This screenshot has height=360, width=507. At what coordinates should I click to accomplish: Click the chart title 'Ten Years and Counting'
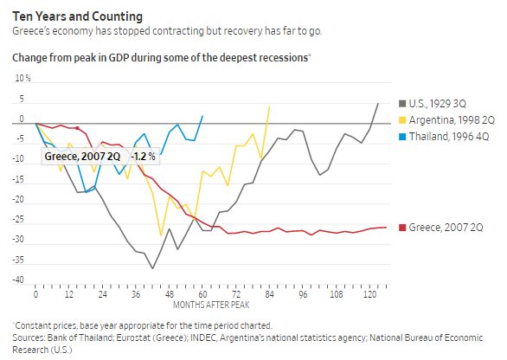pos(77,16)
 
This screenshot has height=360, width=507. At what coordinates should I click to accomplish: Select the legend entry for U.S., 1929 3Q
pos(433,104)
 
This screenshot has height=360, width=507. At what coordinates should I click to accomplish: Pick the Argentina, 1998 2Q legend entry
pos(446,120)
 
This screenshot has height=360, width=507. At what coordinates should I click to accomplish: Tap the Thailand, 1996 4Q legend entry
pos(444,136)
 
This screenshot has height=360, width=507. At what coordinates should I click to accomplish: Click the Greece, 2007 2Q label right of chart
pos(441,228)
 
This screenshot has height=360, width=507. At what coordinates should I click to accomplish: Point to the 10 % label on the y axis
pos(23,78)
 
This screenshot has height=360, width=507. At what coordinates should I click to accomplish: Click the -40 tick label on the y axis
pos(18,280)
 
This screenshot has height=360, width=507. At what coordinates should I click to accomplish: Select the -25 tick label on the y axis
pos(18,220)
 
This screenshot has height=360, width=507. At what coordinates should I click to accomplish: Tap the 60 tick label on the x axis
pos(202,294)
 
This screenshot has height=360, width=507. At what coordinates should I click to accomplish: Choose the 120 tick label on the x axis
pos(369,294)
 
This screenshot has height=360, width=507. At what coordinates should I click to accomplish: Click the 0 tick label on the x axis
pos(35,294)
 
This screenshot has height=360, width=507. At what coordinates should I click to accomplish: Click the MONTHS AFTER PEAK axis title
pos(211,305)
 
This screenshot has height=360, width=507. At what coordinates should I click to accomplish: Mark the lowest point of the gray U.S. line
pos(152,268)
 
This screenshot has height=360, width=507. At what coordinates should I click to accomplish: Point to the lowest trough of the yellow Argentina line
pos(161,235)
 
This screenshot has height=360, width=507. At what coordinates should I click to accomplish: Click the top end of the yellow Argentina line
pos(269,106)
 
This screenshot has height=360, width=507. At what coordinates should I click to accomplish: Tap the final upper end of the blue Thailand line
pos(202,116)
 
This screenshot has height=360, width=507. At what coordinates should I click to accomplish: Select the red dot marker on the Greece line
pos(77,128)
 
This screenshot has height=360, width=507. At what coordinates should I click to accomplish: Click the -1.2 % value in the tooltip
pos(144,157)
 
